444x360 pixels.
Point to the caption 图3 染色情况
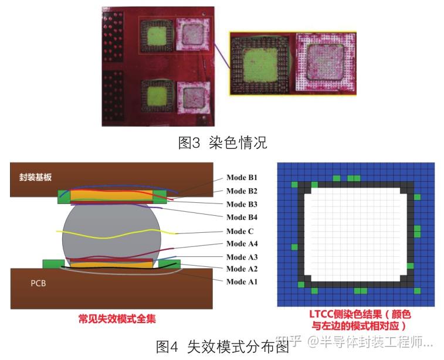tap(222, 142)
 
